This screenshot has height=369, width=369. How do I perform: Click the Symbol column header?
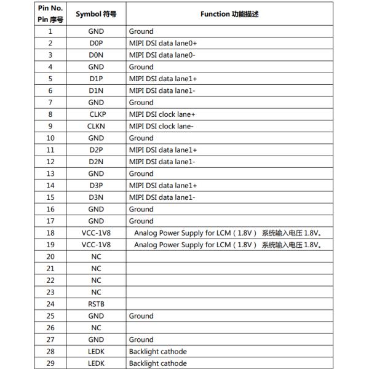96,14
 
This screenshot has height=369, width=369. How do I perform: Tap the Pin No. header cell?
50,14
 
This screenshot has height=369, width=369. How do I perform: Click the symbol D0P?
96,43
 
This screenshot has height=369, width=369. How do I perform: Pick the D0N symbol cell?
96,55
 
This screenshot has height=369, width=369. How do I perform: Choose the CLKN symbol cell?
96,126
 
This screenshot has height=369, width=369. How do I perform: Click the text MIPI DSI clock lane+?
162,114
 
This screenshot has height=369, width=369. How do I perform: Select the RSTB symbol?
96,304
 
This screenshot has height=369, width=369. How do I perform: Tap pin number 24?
50,304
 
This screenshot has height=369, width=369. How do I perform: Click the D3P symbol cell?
96,185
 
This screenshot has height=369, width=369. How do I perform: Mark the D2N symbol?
96,162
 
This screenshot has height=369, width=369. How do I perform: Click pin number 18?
50,232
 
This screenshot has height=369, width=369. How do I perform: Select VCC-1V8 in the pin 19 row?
96,245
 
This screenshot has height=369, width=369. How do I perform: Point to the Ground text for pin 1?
141,31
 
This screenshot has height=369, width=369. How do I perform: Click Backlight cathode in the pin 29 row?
157,363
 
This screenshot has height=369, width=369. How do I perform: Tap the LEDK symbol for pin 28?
96,351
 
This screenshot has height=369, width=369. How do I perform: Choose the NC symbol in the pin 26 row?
96,328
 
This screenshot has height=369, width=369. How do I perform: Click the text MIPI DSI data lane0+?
162,43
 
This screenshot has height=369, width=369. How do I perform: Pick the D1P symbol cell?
96,79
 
